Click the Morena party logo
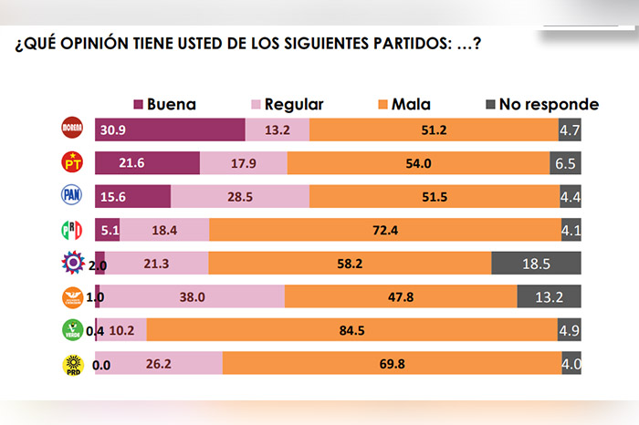pyautogui.click(x=71, y=130)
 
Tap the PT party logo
pyautogui.click(x=71, y=163)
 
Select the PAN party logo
pyautogui.click(x=71, y=196)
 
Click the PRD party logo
pyautogui.click(x=71, y=363)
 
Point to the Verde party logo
pyautogui.click(x=71, y=329)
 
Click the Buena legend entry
pyautogui.click(x=166, y=104)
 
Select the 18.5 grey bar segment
pyautogui.click(x=536, y=264)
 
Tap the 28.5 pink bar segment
pyautogui.click(x=240, y=196)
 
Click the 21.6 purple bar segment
pyautogui.click(x=147, y=163)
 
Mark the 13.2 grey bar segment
pyautogui.click(x=549, y=296)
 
